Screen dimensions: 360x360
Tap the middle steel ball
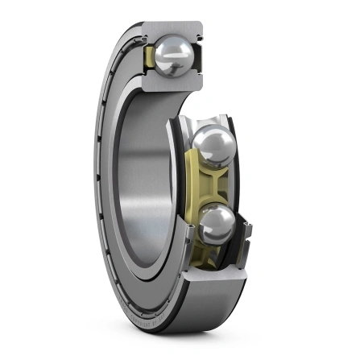tap(213, 148)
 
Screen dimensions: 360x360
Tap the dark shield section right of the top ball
tap(196, 58)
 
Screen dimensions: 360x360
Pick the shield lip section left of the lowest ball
tap(190, 234)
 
